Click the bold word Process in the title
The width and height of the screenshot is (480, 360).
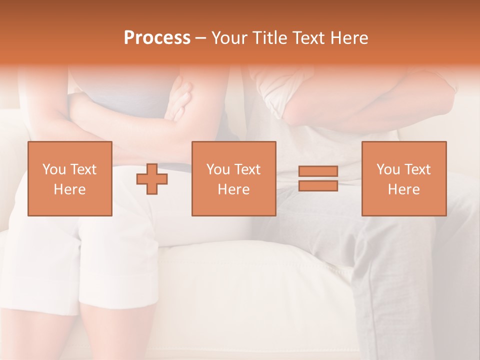pos(157,38)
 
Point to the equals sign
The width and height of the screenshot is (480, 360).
pos(318,178)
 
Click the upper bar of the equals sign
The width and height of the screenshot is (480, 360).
pos(318,171)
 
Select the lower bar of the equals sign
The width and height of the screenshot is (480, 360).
pos(318,185)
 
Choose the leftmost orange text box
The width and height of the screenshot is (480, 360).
pos(69,178)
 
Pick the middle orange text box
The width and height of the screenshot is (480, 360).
pos(233,178)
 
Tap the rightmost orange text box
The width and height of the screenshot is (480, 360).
pos(403,178)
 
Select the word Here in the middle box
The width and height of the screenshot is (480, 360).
pos(233,189)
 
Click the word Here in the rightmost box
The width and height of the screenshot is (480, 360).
pos(403,189)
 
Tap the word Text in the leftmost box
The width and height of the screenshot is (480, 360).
pos(83,169)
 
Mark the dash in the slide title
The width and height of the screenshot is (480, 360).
pos(201,38)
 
